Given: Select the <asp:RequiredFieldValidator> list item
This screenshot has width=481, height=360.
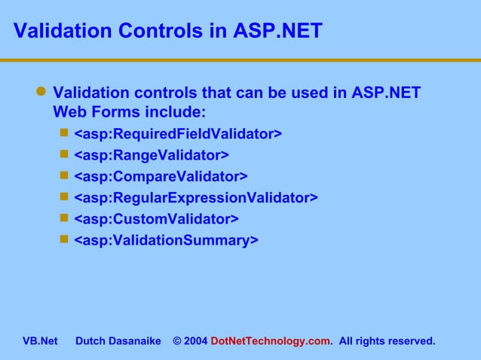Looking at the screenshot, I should pyautogui.click(x=178, y=134).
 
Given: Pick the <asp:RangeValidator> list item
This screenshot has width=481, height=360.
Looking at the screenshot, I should pyautogui.click(x=151, y=155).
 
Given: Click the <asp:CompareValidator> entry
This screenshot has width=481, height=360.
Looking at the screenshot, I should pyautogui.click(x=160, y=176).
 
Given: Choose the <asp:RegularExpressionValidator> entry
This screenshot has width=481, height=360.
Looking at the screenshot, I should pyautogui.click(x=195, y=197).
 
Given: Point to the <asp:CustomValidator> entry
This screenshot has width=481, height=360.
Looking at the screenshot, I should pyautogui.click(x=156, y=218).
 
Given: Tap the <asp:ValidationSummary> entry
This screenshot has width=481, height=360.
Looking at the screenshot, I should pyautogui.click(x=166, y=239).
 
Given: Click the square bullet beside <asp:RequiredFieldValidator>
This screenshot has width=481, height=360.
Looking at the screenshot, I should pyautogui.click(x=64, y=133).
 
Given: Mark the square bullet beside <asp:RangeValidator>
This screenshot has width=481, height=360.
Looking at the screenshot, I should pyautogui.click(x=64, y=154).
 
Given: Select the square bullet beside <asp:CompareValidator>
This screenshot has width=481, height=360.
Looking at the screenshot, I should pyautogui.click(x=64, y=175).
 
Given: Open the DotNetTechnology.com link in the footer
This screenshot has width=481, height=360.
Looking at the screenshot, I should pyautogui.click(x=271, y=341).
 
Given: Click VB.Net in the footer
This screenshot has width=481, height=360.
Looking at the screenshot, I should pyautogui.click(x=40, y=341).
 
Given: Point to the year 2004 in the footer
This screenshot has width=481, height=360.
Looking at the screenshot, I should pyautogui.click(x=195, y=341).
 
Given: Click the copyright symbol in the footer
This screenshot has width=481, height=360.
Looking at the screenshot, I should pyautogui.click(x=176, y=341).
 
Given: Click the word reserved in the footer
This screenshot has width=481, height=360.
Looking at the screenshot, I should pyautogui.click(x=412, y=341).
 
